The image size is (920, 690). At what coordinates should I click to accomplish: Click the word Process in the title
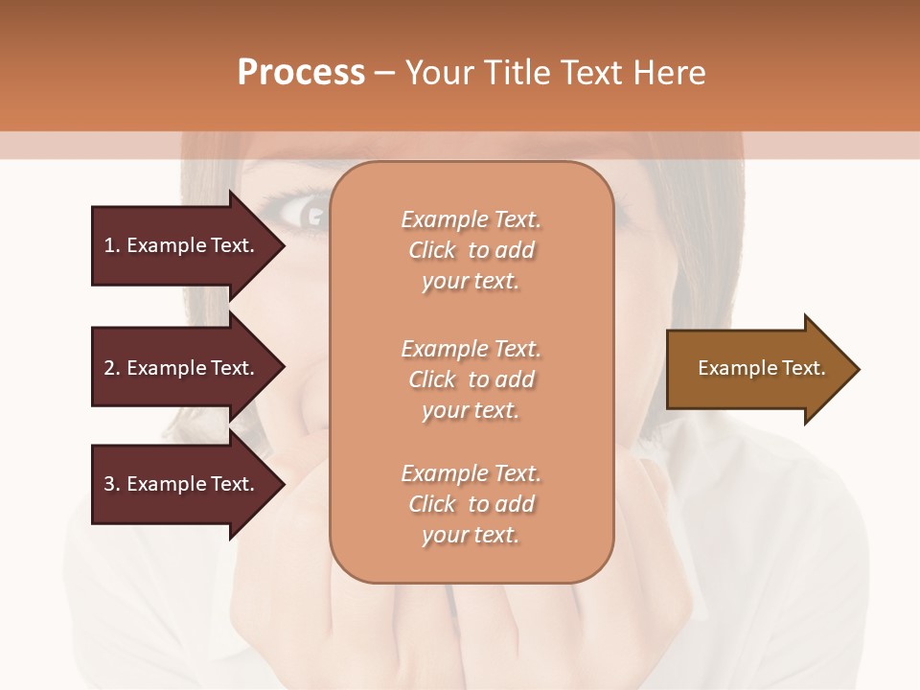pyautogui.click(x=301, y=73)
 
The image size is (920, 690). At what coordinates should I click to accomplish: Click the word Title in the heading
pyautogui.click(x=515, y=73)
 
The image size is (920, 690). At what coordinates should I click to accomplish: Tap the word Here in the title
pyautogui.click(x=669, y=73)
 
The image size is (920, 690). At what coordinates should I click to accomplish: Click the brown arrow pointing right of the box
pyautogui.click(x=761, y=369)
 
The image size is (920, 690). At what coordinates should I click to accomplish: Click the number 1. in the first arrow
pyautogui.click(x=112, y=245)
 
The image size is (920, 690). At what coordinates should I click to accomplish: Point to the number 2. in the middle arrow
pyautogui.click(x=112, y=368)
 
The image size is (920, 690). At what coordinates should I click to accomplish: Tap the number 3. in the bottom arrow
pyautogui.click(x=112, y=484)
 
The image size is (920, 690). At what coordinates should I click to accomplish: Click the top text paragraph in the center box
pyautogui.click(x=471, y=250)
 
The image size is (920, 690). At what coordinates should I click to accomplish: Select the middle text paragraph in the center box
pyautogui.click(x=471, y=379)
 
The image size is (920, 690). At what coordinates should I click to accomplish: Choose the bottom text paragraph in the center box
pyautogui.click(x=471, y=504)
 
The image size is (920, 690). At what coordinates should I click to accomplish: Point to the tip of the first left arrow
pyautogui.click(x=283, y=245)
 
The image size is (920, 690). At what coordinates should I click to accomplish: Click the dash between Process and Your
pyautogui.click(x=385, y=74)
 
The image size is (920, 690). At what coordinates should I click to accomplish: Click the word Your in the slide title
pyautogui.click(x=438, y=73)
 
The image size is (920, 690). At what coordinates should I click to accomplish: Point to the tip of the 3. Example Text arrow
pyautogui.click(x=283, y=484)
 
